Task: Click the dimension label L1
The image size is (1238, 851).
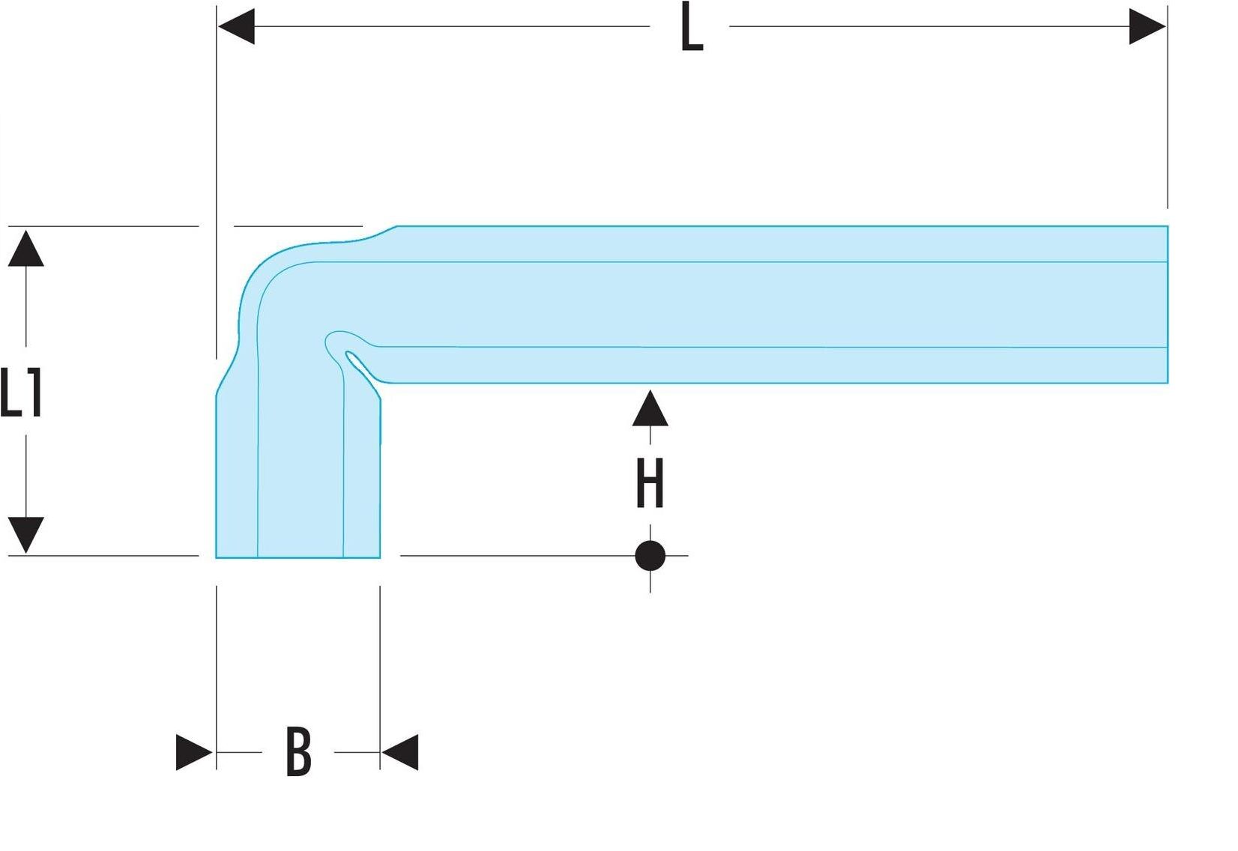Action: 21,393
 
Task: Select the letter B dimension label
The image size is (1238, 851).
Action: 298,752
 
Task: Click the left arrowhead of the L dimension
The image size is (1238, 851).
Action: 237,27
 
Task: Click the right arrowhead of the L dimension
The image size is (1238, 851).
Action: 1147,27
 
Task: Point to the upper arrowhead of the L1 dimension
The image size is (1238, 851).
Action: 26,249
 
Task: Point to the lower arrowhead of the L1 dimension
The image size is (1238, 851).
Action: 26,533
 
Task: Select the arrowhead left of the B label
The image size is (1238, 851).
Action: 193,752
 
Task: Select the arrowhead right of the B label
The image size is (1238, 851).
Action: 400,752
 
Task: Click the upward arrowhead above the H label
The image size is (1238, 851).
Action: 650,409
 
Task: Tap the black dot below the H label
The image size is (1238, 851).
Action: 650,556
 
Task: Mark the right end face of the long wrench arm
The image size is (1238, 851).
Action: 1166,304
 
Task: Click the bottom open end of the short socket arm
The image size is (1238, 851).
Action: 298,557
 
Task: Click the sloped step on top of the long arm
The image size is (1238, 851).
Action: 378,232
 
